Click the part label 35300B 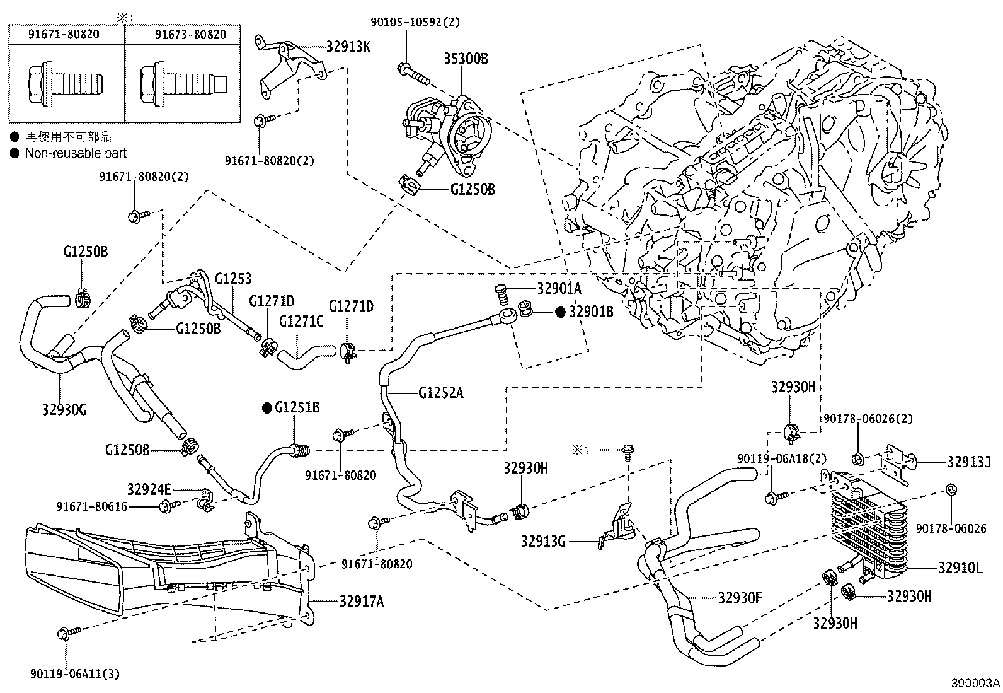[466, 59]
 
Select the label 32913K [348, 47]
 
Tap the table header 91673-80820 [191, 35]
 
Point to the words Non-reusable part [76, 153]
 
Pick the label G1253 [233, 279]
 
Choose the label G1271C [301, 322]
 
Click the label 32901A [559, 289]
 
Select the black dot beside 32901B [560, 312]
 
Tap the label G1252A [440, 393]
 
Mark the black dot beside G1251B [267, 408]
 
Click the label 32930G [64, 410]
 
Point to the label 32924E [149, 489]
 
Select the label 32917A [362, 601]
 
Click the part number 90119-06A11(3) [75, 673]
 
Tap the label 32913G [543, 542]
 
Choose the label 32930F [740, 598]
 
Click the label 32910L [960, 568]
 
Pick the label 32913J [968, 462]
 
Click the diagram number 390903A [975, 683]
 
